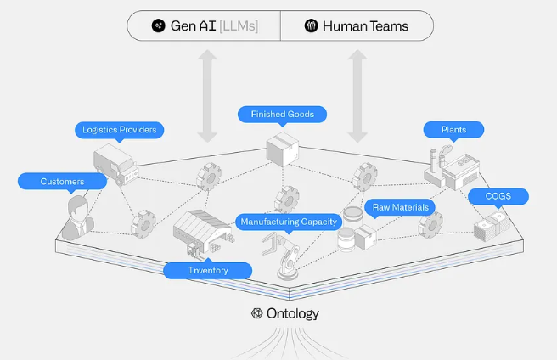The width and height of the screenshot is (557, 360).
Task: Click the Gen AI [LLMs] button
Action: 204,26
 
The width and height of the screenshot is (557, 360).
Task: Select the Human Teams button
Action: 357,26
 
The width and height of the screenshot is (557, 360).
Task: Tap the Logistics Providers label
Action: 118,130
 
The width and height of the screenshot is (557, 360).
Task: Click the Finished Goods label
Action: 283,114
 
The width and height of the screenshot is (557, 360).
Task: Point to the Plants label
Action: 453,130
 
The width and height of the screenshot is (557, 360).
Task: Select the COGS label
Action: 498,196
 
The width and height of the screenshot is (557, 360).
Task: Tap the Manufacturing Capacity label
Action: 289,222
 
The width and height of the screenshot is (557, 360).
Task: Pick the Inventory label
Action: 208,270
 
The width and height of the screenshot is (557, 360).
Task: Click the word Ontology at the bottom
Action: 292,313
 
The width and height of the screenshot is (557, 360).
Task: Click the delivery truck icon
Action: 115,164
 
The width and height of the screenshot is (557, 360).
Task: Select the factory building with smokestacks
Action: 449,167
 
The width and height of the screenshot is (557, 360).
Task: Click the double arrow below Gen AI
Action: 206,94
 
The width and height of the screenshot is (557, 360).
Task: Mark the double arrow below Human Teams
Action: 357,94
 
